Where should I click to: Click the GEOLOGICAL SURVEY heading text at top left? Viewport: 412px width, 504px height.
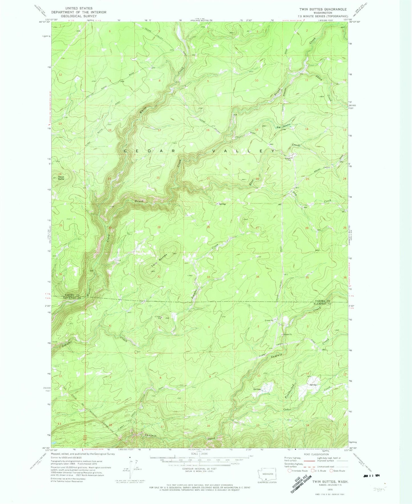pyautogui.click(x=79, y=16)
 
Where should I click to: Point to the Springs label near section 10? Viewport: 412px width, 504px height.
pyautogui.click(x=257, y=389)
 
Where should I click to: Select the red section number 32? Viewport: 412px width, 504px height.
pyautogui.click(x=159, y=277)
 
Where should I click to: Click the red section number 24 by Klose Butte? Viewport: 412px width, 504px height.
pyautogui.click(x=60, y=174)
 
